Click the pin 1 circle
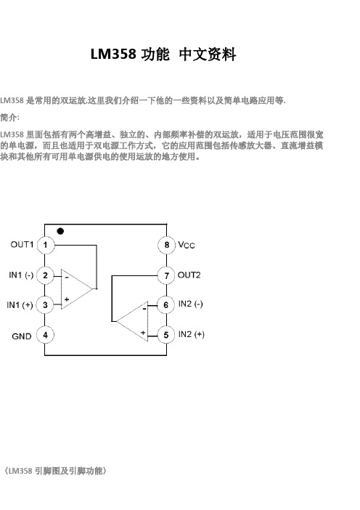click(x=45, y=245)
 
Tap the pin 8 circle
click(x=166, y=245)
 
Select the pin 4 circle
click(x=45, y=335)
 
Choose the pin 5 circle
click(x=166, y=335)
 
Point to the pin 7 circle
click(x=166, y=276)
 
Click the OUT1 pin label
click(x=22, y=244)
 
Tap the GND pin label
click(x=22, y=336)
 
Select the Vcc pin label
click(x=187, y=245)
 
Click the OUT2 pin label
click(x=189, y=275)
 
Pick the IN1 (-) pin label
click(x=21, y=275)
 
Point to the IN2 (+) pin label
click(x=192, y=334)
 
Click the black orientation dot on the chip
click(x=60, y=231)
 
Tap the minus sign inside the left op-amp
click(x=66, y=278)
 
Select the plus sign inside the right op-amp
click(x=143, y=333)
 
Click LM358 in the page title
click(x=113, y=54)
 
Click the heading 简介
click(x=9, y=118)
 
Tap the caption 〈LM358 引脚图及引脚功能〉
click(x=54, y=471)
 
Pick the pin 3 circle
click(x=45, y=304)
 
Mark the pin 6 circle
click(x=166, y=304)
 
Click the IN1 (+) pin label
click(x=20, y=305)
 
